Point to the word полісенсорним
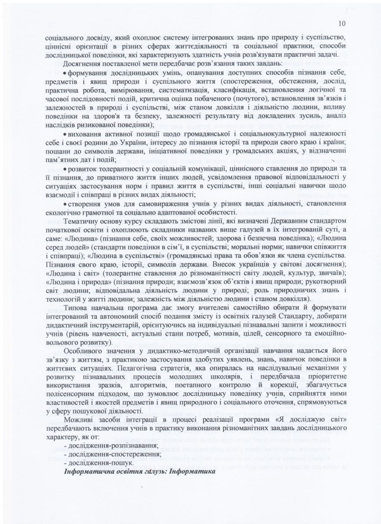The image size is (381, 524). pos(71,393)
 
